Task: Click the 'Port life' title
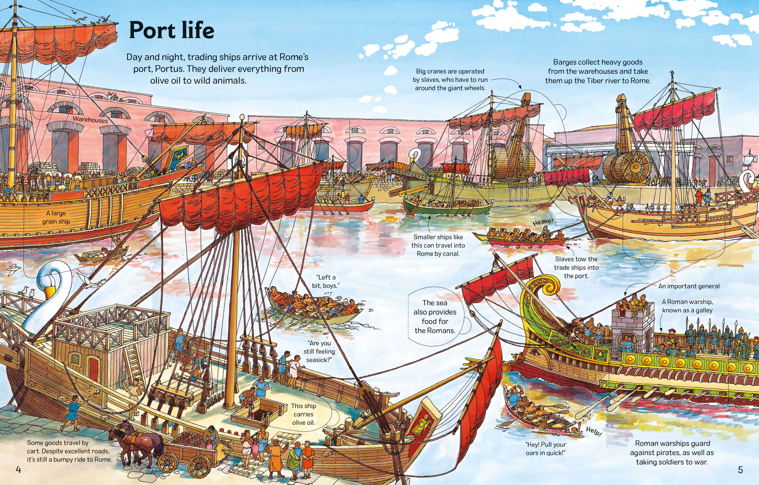click(x=172, y=31)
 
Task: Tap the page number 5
click(x=740, y=470)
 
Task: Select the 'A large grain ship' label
click(x=56, y=217)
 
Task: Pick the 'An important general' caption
click(x=689, y=286)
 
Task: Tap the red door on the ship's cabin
click(x=93, y=369)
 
